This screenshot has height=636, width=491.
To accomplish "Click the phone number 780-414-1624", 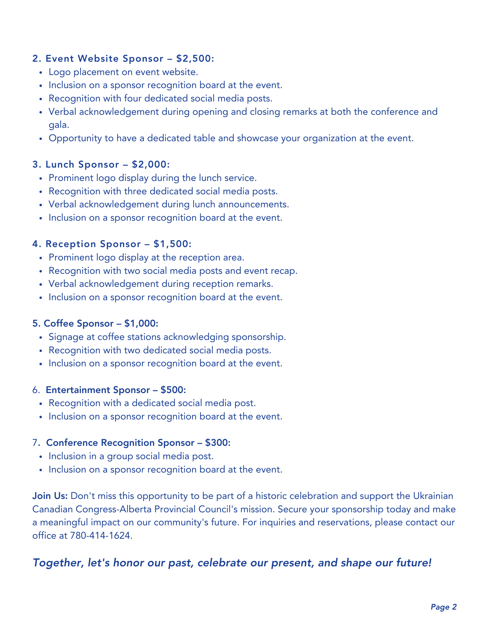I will pyautogui.click(x=100, y=536).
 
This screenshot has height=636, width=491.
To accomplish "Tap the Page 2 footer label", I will pyautogui.click(x=444, y=607).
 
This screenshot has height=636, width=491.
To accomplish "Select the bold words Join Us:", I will pyautogui.click(x=50, y=496).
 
